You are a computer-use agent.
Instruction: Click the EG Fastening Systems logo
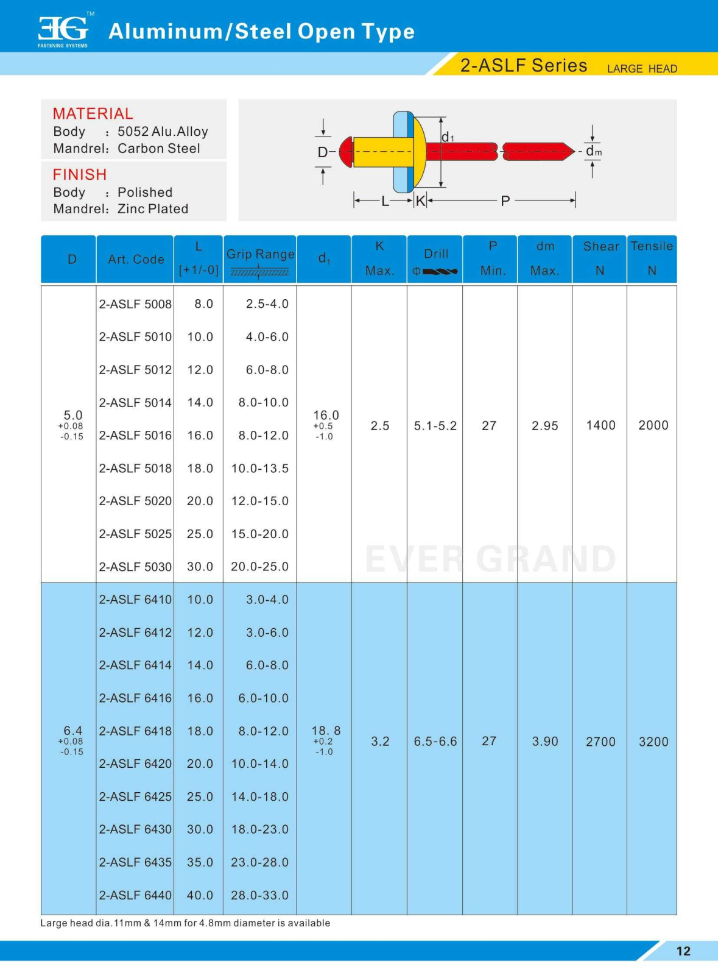click(63, 30)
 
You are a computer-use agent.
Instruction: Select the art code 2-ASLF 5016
click(135, 436)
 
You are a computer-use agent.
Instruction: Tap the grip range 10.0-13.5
click(260, 469)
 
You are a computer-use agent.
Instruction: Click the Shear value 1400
click(600, 425)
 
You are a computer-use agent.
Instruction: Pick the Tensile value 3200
click(653, 742)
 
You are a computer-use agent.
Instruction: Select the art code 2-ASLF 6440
click(135, 896)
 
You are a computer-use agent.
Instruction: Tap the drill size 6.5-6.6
click(435, 742)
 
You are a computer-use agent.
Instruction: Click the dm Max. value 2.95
click(544, 426)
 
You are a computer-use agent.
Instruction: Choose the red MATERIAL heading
click(93, 114)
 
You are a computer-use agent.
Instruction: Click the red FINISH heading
click(80, 175)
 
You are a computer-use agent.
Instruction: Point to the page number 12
click(683, 951)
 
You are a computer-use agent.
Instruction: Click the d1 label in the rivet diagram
click(448, 137)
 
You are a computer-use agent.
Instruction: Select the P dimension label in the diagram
click(505, 201)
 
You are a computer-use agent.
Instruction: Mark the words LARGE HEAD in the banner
click(642, 69)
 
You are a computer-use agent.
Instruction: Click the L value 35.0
click(200, 863)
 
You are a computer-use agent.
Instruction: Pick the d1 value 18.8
click(326, 731)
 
